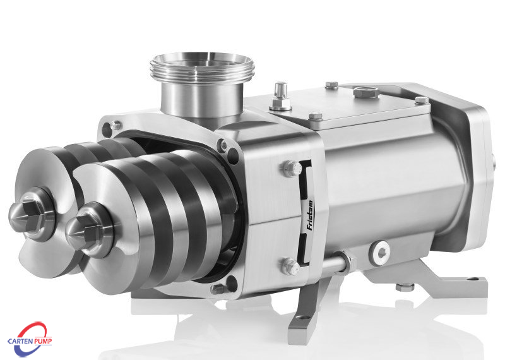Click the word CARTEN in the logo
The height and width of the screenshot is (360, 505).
click(21, 341)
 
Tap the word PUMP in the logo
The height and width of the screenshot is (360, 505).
click(44, 341)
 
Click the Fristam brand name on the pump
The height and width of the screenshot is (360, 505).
click(309, 215)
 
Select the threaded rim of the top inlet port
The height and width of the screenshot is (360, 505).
click(202, 66)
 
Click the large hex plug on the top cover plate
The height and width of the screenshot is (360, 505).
click(366, 92)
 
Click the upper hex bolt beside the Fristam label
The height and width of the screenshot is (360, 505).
click(292, 169)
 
